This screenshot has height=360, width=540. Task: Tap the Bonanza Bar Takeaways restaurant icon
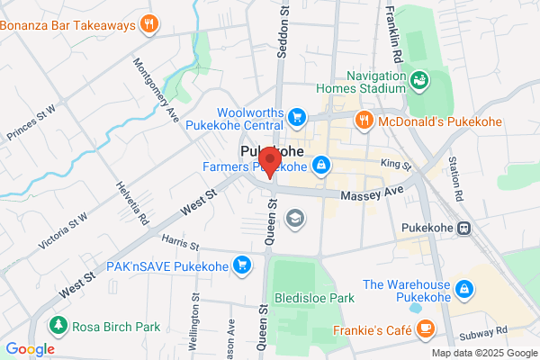[149, 24]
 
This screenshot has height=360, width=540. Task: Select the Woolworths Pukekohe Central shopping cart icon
[298, 116]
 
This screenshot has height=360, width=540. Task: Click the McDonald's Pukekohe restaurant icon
[364, 119]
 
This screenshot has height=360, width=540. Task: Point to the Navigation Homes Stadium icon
[418, 83]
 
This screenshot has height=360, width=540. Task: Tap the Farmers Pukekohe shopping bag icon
[320, 166]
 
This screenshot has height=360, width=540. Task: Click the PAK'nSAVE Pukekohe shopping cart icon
[241, 265]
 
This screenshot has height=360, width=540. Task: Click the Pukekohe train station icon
[464, 229]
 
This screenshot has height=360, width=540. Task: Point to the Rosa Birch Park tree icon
[58, 324]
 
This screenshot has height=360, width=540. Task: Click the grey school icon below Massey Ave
[294, 217]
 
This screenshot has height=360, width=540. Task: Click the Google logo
[30, 349]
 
